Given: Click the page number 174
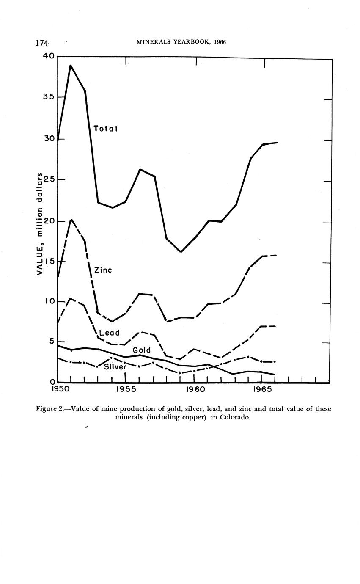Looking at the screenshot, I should pos(42,43).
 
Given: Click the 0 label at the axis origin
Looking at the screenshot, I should pos(53,383).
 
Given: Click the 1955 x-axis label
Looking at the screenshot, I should pos(125,389).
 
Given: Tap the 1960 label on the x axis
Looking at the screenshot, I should pos(194,389).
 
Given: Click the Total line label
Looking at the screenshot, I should pos(105,129).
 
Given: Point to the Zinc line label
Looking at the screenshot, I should pos(103,270).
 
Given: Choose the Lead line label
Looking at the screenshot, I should pos(109,333).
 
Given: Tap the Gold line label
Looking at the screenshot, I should pos(142,350).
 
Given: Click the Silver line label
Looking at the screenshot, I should pos(115,367).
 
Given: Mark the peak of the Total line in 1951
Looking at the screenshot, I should pos(70,66).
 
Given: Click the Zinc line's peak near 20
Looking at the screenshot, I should pos(71,220).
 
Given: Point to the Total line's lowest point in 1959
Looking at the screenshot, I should pos(181,252).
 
